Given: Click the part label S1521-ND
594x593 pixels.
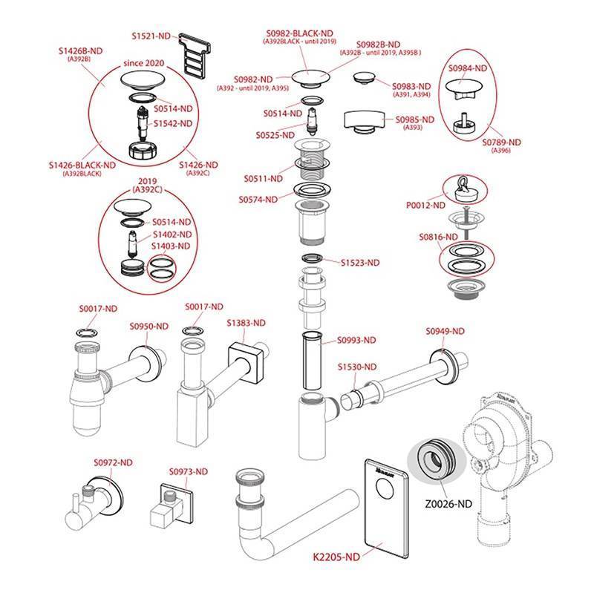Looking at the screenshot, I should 153,35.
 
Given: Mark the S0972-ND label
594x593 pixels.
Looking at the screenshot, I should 114,463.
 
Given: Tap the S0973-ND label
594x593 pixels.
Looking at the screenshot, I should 189,471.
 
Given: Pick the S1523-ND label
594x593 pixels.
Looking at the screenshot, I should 360,262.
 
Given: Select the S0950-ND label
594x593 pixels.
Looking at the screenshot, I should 148,327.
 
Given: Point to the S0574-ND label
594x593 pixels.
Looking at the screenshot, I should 258,199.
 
